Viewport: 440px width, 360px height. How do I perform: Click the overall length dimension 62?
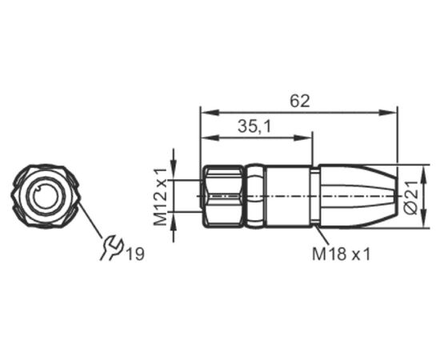coord(300,101)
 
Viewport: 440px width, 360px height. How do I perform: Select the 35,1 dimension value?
coord(254,126)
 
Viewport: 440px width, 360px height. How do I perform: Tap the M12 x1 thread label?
coord(160,197)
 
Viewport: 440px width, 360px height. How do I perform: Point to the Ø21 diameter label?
coord(411,198)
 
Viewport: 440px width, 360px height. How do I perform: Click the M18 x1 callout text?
coord(342,254)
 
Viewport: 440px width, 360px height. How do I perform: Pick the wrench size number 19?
coord(136,254)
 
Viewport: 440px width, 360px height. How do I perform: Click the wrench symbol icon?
coord(112,248)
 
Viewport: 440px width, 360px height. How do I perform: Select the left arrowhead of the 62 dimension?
coord(210,113)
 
